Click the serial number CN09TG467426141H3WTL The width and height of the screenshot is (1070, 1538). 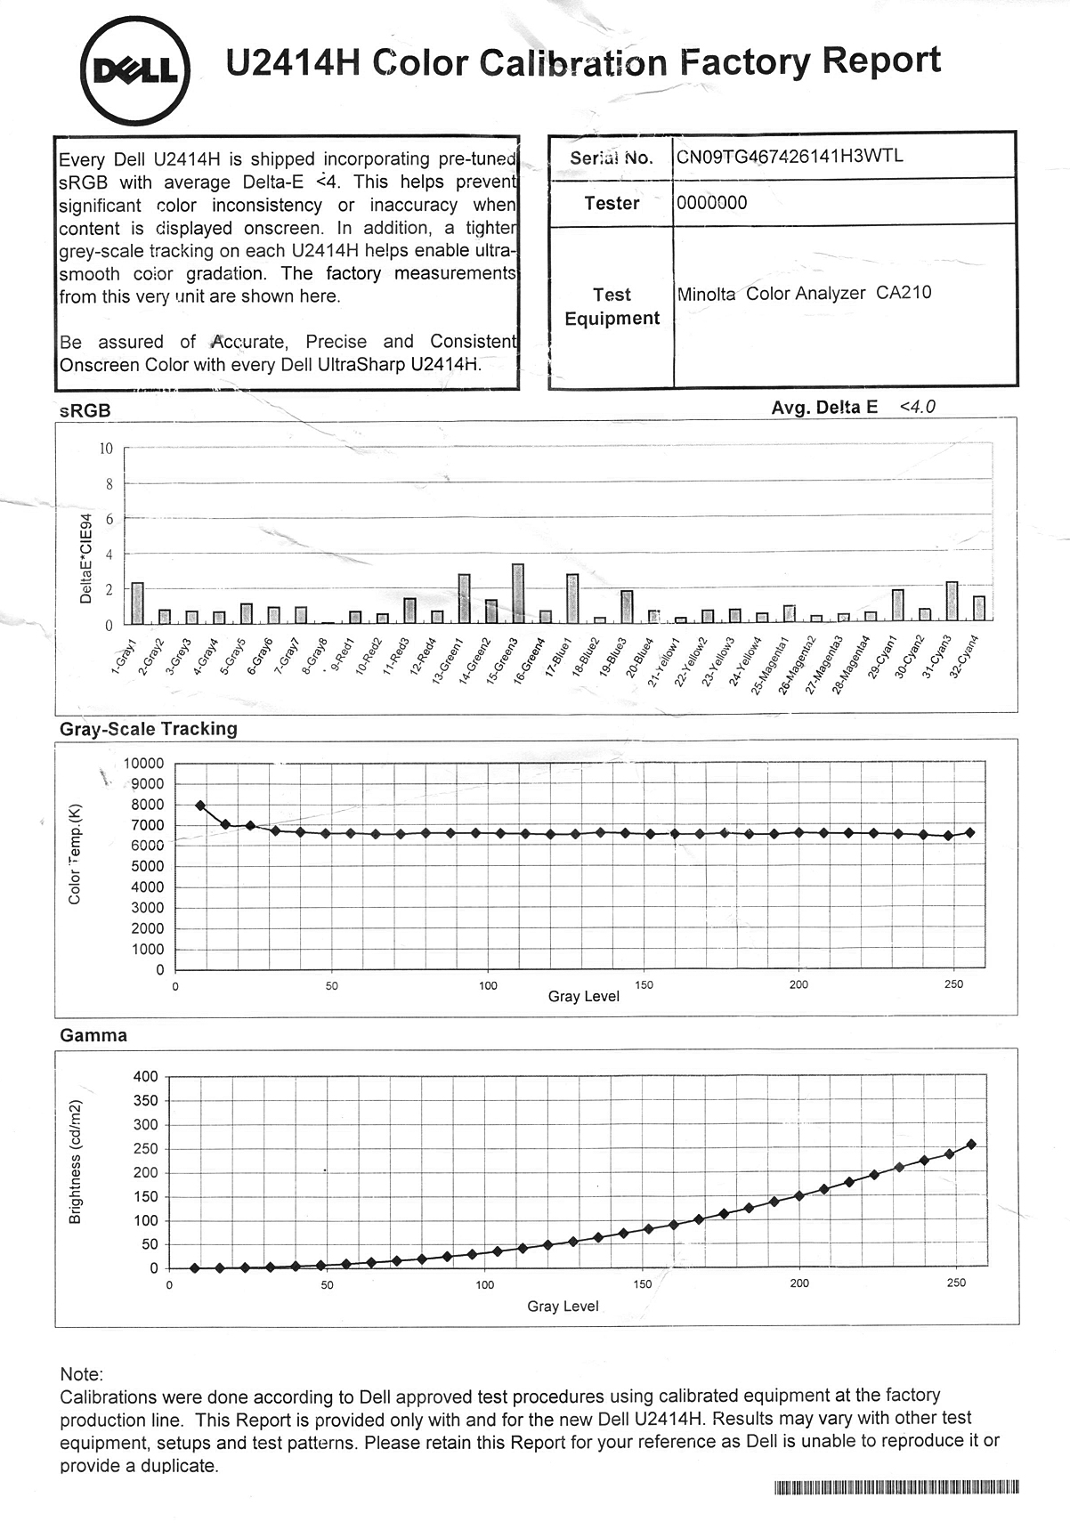pos(790,157)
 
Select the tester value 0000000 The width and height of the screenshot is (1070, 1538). pos(711,203)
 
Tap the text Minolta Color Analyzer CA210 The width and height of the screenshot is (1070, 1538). pos(804,293)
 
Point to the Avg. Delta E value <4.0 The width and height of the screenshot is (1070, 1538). pos(917,407)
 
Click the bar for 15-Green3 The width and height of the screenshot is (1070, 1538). pos(517,592)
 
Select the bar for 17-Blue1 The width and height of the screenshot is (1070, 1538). pos(572,597)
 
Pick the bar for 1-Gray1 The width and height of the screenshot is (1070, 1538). pos(137,603)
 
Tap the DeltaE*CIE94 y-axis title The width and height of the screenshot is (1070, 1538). pos(85,558)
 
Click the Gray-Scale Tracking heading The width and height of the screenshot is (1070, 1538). pos(149,729)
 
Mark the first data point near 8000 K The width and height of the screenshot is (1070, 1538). pos(200,805)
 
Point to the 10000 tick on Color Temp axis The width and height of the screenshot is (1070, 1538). pos(144,763)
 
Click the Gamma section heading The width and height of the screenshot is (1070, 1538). pos(93,1035)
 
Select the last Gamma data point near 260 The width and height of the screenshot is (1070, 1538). pos(971,1144)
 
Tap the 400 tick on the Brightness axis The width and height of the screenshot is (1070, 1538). pos(145,1076)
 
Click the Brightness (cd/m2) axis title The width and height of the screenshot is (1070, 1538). pos(75,1162)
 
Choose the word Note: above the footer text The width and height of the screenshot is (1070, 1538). pos(82,1374)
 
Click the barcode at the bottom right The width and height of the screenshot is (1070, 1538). pos(896,1486)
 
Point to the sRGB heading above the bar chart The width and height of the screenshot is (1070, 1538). pos(85,410)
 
